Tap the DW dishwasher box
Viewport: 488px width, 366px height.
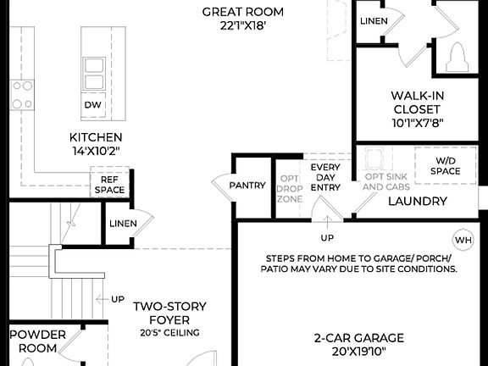click(x=93, y=104)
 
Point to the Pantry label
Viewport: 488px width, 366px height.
click(x=247, y=185)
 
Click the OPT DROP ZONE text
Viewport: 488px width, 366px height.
click(x=290, y=188)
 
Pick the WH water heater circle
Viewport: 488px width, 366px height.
click(x=463, y=240)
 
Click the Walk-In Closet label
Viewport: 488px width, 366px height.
click(x=417, y=108)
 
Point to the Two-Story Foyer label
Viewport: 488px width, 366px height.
click(x=169, y=313)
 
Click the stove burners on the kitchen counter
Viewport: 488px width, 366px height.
click(x=21, y=94)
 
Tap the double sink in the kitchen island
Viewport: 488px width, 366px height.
click(x=93, y=73)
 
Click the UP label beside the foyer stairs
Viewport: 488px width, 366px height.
click(x=117, y=299)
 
